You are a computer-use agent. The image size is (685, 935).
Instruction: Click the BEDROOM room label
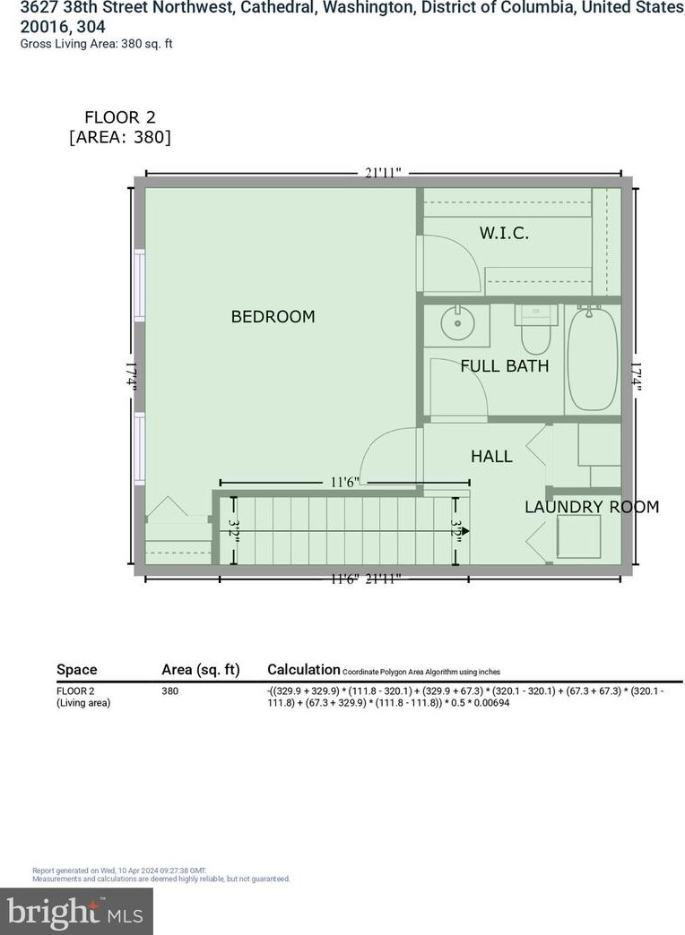click(273, 317)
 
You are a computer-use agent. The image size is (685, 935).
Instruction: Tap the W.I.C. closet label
click(503, 233)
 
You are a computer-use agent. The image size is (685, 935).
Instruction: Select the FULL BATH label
click(504, 365)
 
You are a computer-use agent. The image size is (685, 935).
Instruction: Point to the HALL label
click(491, 457)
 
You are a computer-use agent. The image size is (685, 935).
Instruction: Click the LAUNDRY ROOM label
click(591, 507)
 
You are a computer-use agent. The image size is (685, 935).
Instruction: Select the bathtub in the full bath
click(592, 357)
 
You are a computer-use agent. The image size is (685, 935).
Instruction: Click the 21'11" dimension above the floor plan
click(383, 173)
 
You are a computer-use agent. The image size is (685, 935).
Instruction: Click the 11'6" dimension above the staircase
click(344, 482)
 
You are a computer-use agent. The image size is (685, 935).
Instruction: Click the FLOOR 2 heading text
click(113, 117)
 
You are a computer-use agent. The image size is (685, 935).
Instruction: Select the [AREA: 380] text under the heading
click(119, 138)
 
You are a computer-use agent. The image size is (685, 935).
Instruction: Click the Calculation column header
click(303, 669)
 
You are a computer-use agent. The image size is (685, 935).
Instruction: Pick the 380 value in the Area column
click(169, 691)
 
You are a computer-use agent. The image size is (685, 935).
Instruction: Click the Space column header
click(76, 669)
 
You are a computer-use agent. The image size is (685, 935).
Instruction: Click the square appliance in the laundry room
click(578, 536)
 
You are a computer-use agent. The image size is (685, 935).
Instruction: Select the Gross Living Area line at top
click(97, 44)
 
